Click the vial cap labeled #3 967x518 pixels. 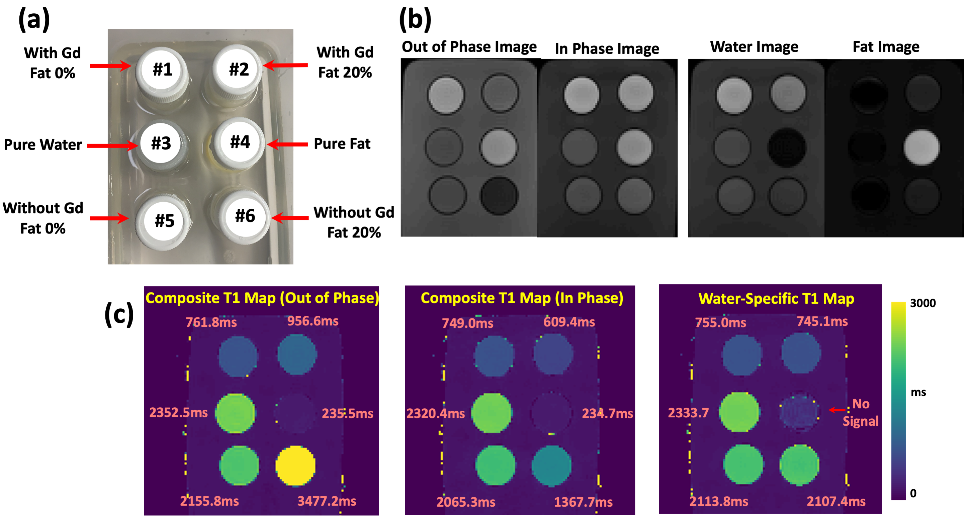161,143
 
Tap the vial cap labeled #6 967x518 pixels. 245,216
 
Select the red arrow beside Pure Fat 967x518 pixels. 287,144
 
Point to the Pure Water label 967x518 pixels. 43,145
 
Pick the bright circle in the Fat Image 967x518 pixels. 921,147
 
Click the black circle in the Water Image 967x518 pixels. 787,147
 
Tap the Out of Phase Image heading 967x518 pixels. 469,47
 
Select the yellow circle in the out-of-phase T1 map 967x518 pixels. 295,465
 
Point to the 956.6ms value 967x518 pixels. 313,321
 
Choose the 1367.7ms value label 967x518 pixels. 583,502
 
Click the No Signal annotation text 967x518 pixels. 860,412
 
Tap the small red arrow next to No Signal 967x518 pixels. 837,410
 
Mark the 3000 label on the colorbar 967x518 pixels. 922,303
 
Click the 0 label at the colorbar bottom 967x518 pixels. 913,493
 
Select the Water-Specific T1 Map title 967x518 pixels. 776,299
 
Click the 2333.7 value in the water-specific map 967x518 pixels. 688,413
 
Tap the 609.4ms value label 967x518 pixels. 569,322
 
